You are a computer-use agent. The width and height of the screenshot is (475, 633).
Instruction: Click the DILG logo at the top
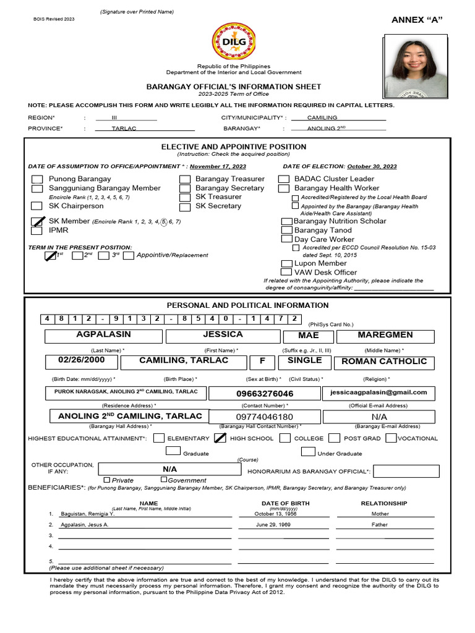(234, 41)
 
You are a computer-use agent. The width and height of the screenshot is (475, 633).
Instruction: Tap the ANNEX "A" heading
(417, 20)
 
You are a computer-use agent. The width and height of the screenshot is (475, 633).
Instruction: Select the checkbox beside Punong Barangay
(37, 179)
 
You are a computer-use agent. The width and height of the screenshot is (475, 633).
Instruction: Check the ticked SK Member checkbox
(38, 221)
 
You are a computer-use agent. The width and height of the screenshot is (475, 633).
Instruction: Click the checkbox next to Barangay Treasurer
(185, 179)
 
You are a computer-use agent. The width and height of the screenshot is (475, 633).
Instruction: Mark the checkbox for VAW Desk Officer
(286, 272)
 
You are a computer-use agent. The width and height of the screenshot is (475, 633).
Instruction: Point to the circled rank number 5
(163, 221)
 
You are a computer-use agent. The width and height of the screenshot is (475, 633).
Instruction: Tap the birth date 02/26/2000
(83, 360)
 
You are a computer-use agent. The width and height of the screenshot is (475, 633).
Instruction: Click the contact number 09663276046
(265, 394)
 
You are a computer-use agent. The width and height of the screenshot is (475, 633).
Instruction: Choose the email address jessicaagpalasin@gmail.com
(378, 393)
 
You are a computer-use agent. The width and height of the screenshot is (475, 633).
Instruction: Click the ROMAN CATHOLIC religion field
(384, 361)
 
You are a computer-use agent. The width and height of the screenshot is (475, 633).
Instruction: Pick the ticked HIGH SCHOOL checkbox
(220, 438)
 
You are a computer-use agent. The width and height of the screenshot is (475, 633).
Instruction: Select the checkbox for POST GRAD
(334, 438)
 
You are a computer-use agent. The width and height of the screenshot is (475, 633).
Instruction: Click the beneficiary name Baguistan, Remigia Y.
(87, 514)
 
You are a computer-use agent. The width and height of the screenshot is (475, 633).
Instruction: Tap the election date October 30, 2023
(372, 166)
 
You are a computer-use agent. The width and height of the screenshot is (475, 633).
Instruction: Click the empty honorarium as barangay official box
(403, 472)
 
